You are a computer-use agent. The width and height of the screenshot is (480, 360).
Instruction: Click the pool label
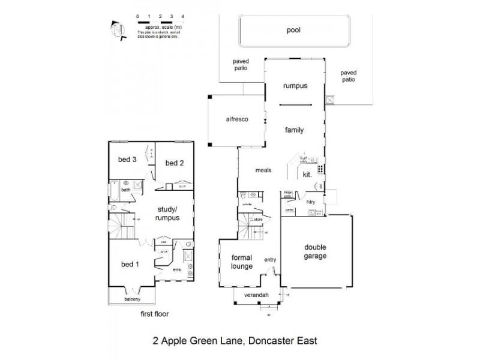pyautogui.click(x=293, y=29)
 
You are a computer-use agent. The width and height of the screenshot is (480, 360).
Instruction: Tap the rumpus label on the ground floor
pyautogui.click(x=295, y=86)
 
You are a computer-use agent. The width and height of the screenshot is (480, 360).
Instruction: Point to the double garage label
pyautogui.click(x=315, y=251)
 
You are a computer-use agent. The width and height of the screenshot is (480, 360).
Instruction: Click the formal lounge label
pyautogui.click(x=241, y=262)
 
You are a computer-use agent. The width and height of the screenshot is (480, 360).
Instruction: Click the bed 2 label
pyautogui.click(x=174, y=163)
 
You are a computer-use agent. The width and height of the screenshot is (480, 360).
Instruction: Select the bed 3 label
pyautogui.click(x=127, y=159)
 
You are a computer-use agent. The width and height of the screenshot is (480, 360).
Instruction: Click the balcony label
pyautogui.click(x=133, y=299)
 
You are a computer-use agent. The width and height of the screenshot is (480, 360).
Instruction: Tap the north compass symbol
pyautogui.click(x=118, y=29)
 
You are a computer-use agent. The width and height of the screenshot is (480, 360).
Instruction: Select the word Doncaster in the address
pyautogui.click(x=270, y=341)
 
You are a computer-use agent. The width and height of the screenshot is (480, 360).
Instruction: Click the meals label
pyautogui.click(x=263, y=170)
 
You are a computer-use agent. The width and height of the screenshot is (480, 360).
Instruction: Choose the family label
pyautogui.click(x=294, y=130)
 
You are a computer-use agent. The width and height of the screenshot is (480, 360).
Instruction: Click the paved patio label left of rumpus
pyautogui.click(x=241, y=65)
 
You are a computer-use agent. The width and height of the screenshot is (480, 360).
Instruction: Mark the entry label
pyautogui.click(x=270, y=259)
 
